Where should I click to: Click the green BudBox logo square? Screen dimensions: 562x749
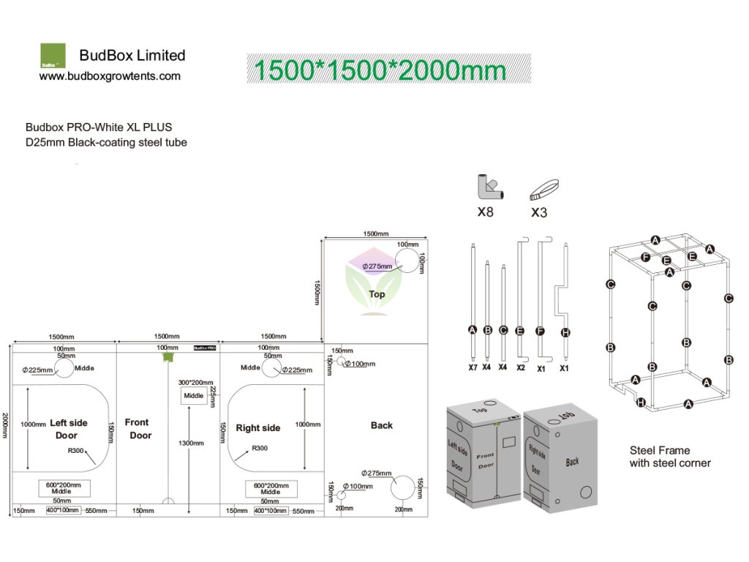pyautogui.click(x=52, y=56)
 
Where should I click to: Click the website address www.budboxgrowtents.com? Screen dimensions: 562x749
pyautogui.click(x=110, y=76)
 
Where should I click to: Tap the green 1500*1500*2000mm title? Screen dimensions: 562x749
pyautogui.click(x=380, y=70)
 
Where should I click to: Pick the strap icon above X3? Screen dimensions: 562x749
pyautogui.click(x=543, y=190)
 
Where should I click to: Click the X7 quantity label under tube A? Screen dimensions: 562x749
pyautogui.click(x=473, y=367)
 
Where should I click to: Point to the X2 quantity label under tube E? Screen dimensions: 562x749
pyautogui.click(x=521, y=367)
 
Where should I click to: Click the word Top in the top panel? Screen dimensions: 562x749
pyautogui.click(x=377, y=294)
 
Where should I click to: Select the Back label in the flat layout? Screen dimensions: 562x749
pyautogui.click(x=381, y=425)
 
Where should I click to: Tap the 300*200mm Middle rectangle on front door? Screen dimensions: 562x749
pyautogui.click(x=194, y=395)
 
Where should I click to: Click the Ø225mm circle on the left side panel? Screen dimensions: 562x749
pyautogui.click(x=64, y=368)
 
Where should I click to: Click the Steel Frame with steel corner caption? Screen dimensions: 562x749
pyautogui.click(x=670, y=457)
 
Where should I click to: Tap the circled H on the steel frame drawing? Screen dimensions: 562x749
pyautogui.click(x=641, y=402)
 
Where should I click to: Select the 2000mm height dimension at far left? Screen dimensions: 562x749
pyautogui.click(x=6, y=424)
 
